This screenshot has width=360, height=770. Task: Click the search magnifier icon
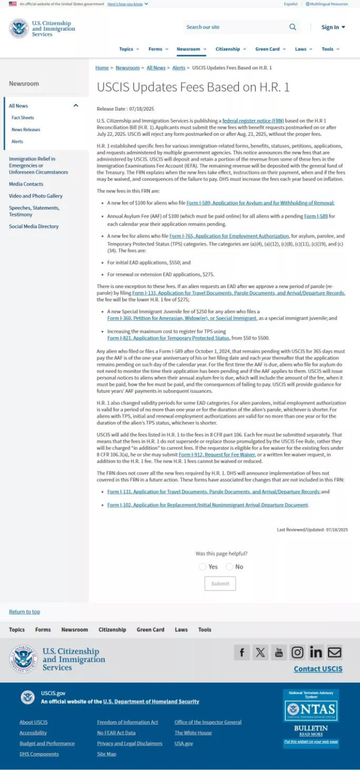[x=293, y=27]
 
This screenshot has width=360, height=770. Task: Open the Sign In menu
[x=333, y=27]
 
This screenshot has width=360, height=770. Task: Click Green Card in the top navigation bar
[x=270, y=49]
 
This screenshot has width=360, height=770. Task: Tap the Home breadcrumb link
[x=102, y=68]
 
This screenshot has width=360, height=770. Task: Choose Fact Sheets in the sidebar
[x=23, y=118]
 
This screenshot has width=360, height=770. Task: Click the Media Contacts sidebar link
[x=26, y=184]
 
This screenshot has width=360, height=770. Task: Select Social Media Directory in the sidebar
[x=33, y=226]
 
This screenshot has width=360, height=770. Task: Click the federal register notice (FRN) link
[x=253, y=120]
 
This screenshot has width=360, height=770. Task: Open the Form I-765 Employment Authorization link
[x=229, y=236]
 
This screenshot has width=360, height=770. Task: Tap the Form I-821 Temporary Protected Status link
[x=168, y=338]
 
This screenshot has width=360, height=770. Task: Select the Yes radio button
[x=203, y=567]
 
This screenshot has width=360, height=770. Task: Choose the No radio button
[x=229, y=567]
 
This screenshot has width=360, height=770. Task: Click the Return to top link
[x=25, y=612]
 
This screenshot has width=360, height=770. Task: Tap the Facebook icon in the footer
[x=242, y=652]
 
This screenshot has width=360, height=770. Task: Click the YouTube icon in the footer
[x=279, y=652]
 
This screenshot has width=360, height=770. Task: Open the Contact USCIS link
[x=318, y=669]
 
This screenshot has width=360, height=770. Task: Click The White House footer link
[x=193, y=733]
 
